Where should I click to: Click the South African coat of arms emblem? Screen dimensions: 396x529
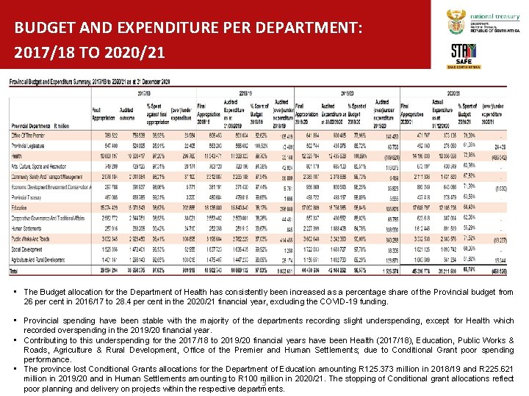click(x=456, y=23)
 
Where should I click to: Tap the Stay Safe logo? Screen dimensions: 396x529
click(x=463, y=54)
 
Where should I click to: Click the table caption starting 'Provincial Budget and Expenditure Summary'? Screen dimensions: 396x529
click(x=90, y=81)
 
